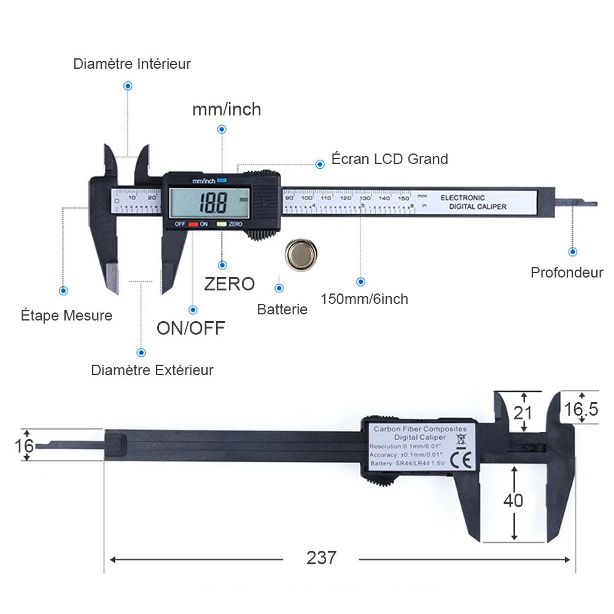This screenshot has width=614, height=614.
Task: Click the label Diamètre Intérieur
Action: point(132,64)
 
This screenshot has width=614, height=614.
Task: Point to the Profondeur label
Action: point(567,273)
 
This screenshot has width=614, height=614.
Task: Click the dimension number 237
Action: point(321,558)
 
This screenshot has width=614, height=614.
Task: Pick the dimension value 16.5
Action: point(581,410)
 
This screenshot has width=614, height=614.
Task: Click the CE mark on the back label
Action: point(461,460)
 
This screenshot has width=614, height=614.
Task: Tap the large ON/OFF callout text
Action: point(190,327)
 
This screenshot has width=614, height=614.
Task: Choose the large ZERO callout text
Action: point(229,284)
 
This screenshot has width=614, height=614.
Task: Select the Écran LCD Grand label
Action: point(389,159)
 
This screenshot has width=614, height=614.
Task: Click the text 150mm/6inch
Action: point(364,299)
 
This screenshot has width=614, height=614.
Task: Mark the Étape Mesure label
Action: point(66,316)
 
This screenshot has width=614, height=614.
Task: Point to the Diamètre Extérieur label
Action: point(152,370)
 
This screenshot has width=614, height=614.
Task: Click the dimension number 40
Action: point(513,500)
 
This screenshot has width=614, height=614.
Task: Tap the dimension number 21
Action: point(523,412)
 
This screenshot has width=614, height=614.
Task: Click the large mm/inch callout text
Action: point(227,109)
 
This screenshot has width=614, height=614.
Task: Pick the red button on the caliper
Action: point(193,224)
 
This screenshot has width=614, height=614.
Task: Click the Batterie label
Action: point(282,309)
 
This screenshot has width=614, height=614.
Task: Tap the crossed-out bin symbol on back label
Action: point(461,438)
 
